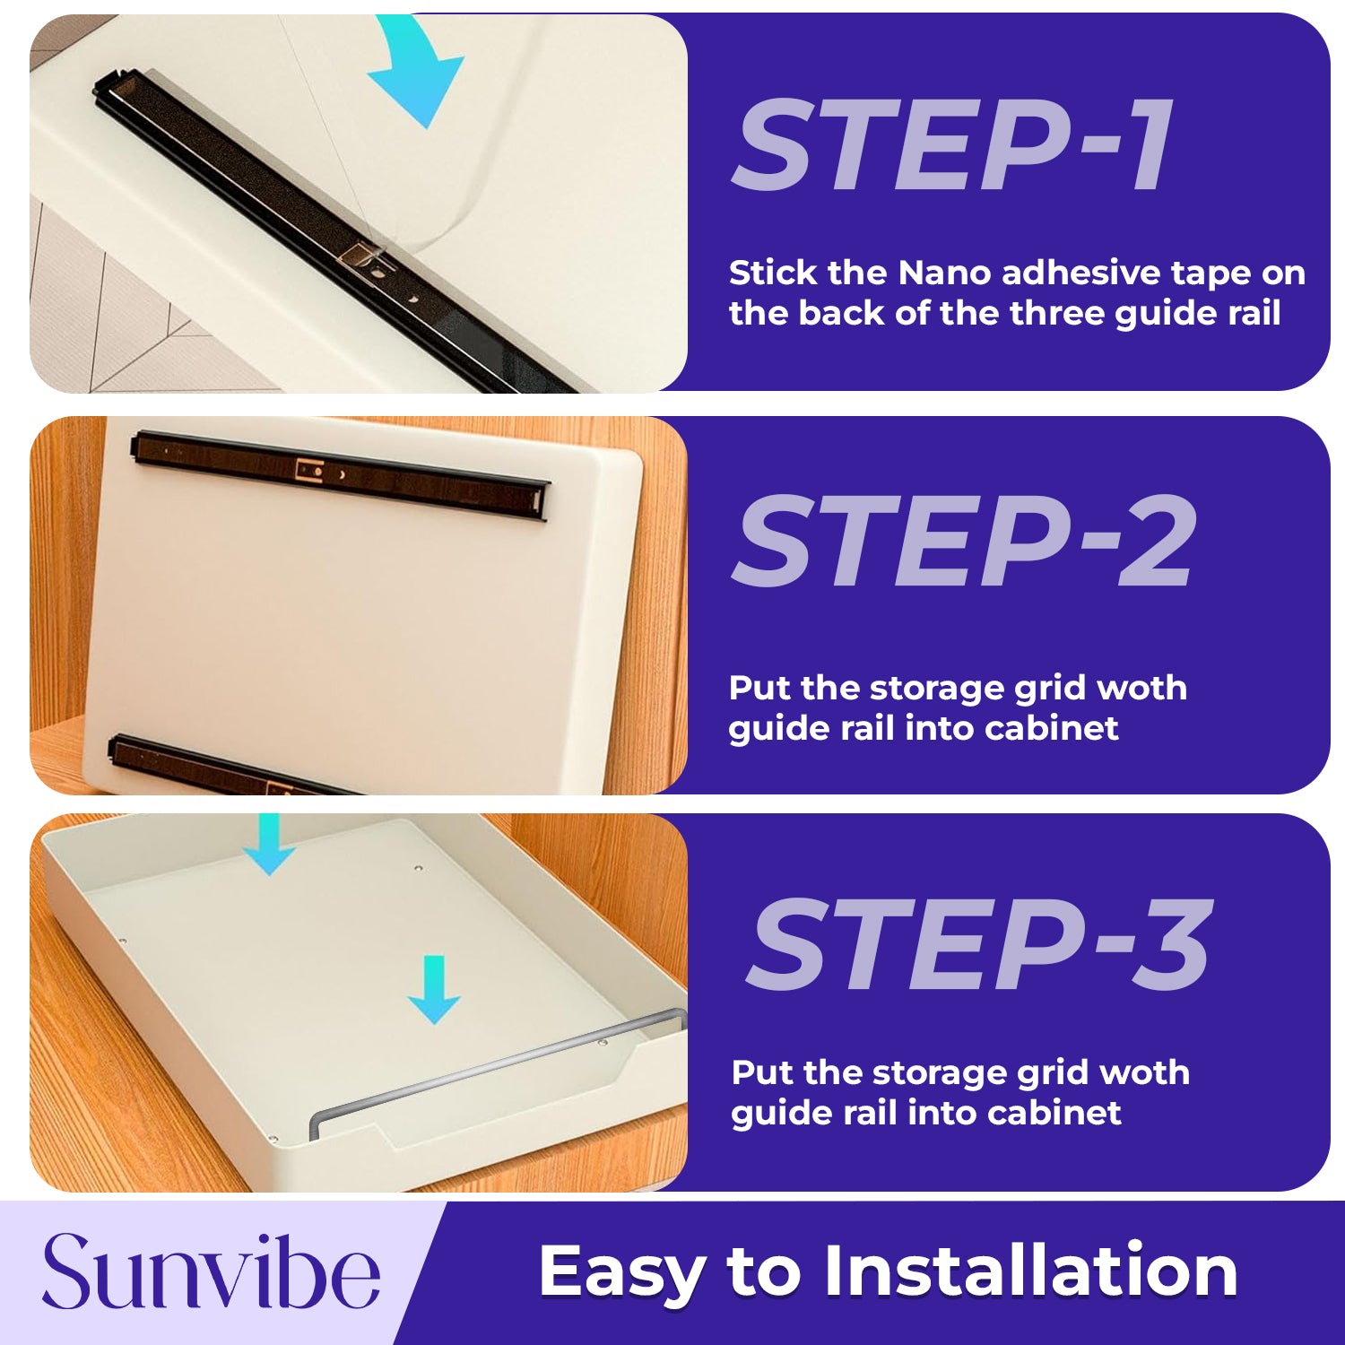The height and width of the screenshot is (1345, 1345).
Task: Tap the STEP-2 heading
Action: coord(965,542)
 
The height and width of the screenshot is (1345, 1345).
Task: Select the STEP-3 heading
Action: coord(979,945)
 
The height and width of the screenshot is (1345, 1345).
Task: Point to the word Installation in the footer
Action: coord(1030,1270)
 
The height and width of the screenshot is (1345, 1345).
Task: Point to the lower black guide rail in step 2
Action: coord(229,766)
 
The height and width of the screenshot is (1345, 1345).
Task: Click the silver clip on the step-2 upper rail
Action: coord(310,468)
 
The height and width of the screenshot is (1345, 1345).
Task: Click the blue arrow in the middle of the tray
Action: coord(434,990)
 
